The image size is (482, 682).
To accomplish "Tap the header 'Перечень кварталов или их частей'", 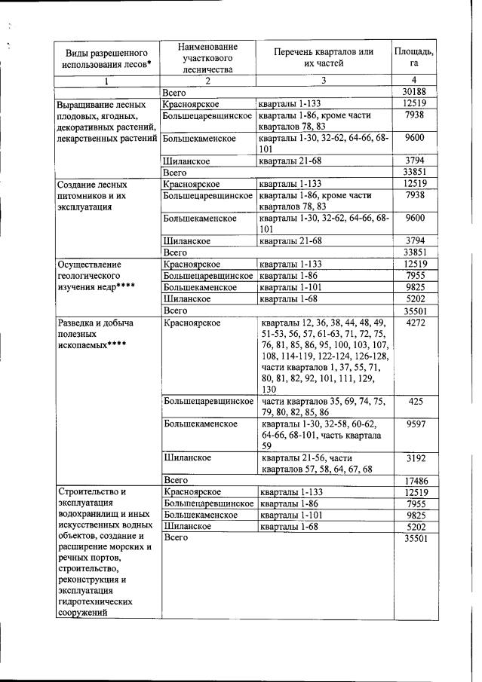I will click(324, 57).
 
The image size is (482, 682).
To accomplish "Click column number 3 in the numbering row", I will click(324, 80).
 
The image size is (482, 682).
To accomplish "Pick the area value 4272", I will click(415, 323).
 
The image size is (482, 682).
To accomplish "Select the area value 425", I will click(415, 402).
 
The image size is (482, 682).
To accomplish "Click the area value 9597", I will click(415, 424).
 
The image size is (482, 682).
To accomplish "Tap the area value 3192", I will click(415, 457).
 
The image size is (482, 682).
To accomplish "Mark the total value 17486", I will click(415, 480).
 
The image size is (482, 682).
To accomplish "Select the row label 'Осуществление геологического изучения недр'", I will click(98, 276).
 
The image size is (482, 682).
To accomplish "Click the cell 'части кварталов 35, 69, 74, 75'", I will click(324, 407).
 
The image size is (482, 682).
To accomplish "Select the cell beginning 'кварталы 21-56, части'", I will click(324, 463).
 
